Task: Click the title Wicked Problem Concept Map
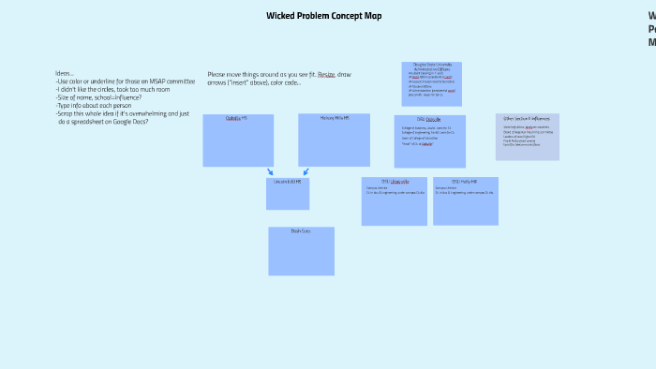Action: tap(323, 16)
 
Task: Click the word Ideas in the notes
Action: tap(64, 73)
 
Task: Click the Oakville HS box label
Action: tap(237, 118)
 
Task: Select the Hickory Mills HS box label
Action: tap(334, 118)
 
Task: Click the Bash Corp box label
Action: tap(301, 230)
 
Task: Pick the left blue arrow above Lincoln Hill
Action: tap(270, 171)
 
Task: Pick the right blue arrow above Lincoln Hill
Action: tap(306, 171)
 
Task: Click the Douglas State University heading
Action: tap(431, 65)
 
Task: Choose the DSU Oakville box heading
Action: tap(429, 119)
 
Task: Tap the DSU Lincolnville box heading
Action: tap(394, 181)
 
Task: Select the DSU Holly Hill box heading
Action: tap(465, 181)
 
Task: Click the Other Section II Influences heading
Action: tap(527, 119)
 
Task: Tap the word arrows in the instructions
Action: tap(217, 81)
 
